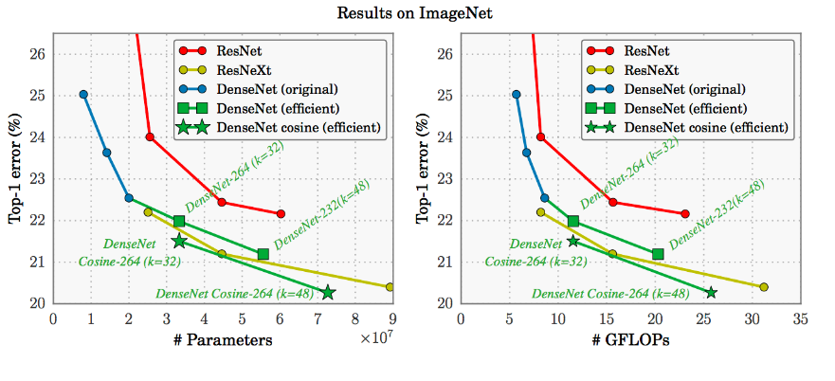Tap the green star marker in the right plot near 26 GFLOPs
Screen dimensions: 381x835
coord(710,292)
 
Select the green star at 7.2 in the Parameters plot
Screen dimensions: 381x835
coord(327,292)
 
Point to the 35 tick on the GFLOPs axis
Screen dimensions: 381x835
coord(800,321)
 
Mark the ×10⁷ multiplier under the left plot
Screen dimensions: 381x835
coord(376,338)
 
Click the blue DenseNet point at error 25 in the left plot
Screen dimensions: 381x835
coord(83,95)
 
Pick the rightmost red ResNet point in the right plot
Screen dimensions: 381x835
coord(685,213)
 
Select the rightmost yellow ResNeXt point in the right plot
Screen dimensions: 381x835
coord(764,286)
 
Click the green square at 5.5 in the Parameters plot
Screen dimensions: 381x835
coord(263,254)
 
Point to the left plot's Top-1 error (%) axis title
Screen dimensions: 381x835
coord(16,166)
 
